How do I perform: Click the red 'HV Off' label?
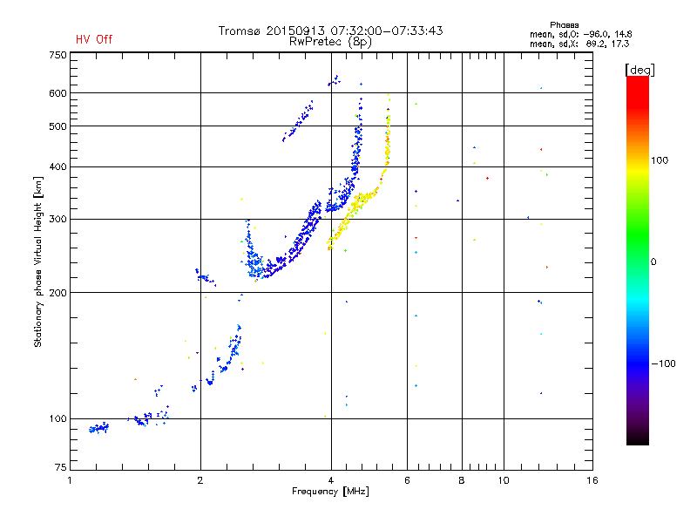pos(94,39)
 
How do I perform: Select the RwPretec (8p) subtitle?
pos(331,41)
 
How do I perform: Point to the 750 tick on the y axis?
pos(58,54)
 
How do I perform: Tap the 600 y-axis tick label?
pos(58,93)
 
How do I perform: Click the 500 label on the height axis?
pos(58,126)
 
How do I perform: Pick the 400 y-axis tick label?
pos(58,166)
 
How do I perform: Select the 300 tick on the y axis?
pos(58,219)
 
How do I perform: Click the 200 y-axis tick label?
pos(58,292)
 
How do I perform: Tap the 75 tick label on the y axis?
pos(60,469)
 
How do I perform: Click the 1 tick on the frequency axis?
pos(71,480)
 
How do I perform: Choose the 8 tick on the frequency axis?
pos(462,480)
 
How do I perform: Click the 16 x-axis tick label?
pos(592,480)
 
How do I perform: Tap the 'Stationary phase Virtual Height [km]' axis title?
pos(38,261)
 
